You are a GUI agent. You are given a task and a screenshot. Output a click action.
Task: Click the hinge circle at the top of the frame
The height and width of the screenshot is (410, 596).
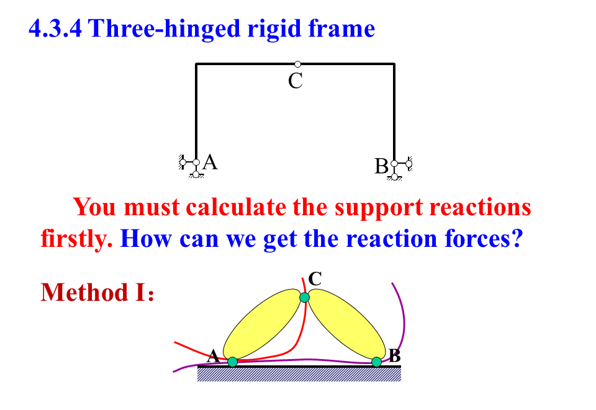click(x=298, y=64)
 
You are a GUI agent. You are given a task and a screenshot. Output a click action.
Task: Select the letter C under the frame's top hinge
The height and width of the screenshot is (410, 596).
click(x=296, y=81)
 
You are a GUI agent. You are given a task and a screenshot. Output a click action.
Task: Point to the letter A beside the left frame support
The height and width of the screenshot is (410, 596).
click(x=210, y=162)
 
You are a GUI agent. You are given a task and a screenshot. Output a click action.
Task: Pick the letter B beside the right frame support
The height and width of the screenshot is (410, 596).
click(x=381, y=166)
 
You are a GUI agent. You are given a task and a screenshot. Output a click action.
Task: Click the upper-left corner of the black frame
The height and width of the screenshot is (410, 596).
click(x=196, y=64)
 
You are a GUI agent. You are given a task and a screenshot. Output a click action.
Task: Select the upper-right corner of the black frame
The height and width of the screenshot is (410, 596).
click(x=394, y=64)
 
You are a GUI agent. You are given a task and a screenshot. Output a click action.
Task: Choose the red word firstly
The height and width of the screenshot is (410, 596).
click(x=76, y=238)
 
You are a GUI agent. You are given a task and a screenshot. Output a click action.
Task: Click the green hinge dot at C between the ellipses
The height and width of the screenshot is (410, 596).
click(x=304, y=298)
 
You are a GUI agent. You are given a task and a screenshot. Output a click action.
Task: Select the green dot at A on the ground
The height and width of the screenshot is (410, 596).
click(x=232, y=362)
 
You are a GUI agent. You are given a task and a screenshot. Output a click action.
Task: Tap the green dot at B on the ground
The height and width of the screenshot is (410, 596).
click(x=376, y=362)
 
